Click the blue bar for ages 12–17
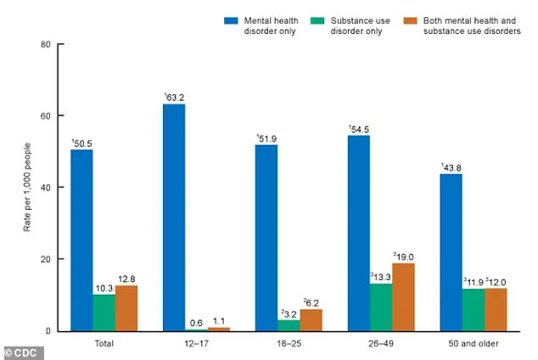[174, 217]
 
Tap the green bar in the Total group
[104, 312]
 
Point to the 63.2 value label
[175, 97]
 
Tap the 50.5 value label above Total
[81, 142]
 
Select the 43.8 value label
[451, 166]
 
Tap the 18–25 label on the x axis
[289, 345]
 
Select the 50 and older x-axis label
[474, 345]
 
